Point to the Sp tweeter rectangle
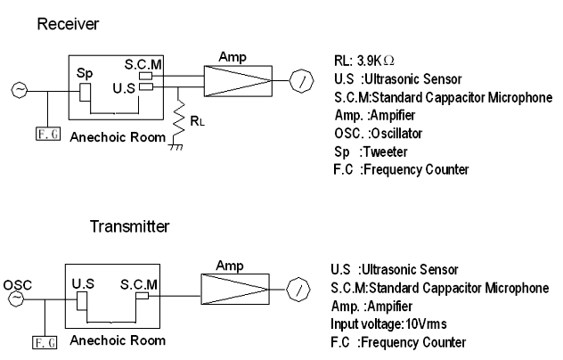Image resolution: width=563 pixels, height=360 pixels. point(85,93)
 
